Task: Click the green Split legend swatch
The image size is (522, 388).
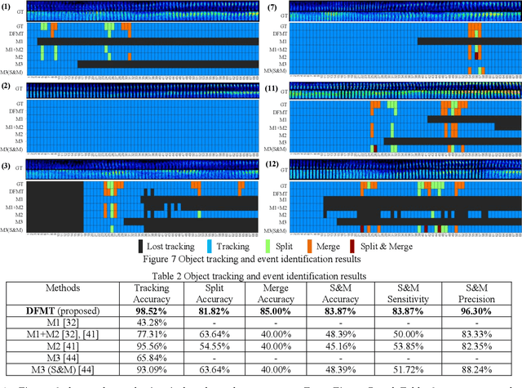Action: tap(259, 245)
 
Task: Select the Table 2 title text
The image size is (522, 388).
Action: tap(260, 275)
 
